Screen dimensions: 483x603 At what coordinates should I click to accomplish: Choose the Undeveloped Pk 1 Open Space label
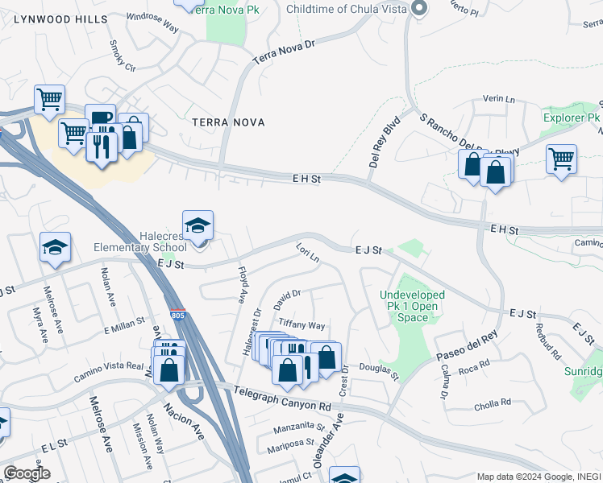pyautogui.click(x=413, y=306)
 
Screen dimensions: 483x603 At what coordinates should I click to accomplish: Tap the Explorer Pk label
pyautogui.click(x=572, y=118)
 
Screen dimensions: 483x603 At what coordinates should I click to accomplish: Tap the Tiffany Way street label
pyautogui.click(x=301, y=325)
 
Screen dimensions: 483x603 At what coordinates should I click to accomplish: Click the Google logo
pyautogui.click(x=27, y=473)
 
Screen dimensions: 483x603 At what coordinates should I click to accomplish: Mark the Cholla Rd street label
pyautogui.click(x=495, y=402)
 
